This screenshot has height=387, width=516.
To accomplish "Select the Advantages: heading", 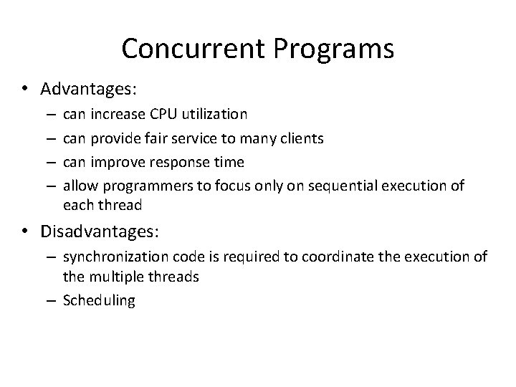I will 89,89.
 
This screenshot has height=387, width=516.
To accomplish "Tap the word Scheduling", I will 99,300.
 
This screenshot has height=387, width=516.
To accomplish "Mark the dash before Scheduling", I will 53,300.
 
